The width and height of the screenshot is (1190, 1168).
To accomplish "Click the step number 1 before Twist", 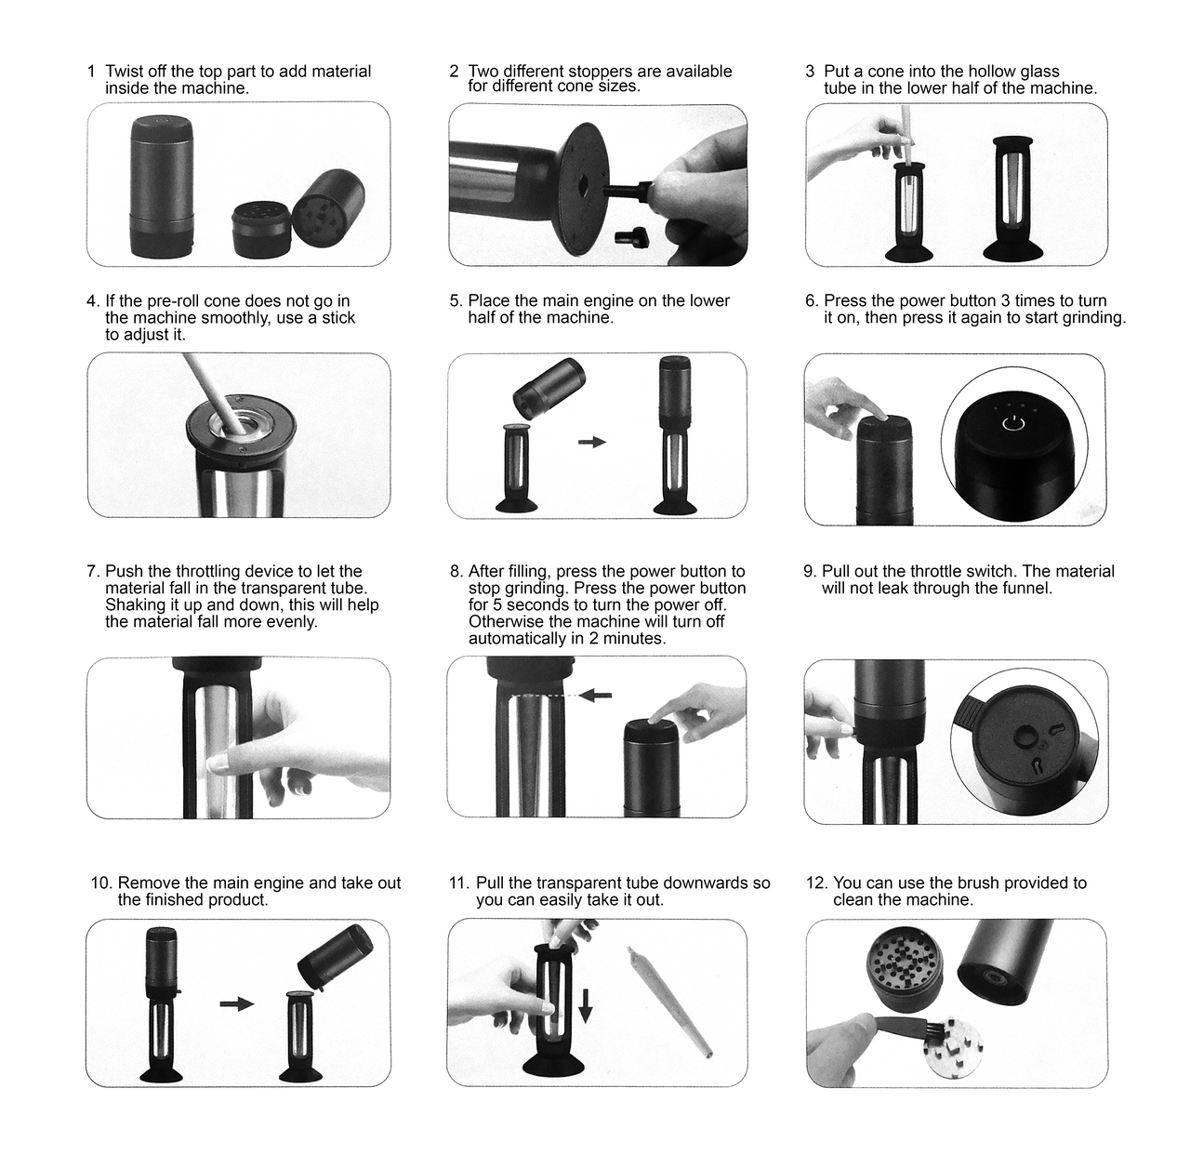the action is pyautogui.click(x=91, y=72).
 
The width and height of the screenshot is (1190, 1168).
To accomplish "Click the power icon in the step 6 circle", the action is pyautogui.click(x=1013, y=424).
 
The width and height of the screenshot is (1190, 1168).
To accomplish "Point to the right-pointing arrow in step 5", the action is pyautogui.click(x=592, y=442).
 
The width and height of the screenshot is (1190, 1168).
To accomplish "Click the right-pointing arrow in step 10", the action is pyautogui.click(x=237, y=1003).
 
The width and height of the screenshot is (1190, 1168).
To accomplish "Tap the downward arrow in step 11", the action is pyautogui.click(x=586, y=1005).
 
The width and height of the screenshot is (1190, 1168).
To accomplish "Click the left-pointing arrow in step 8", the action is pyautogui.click(x=596, y=696).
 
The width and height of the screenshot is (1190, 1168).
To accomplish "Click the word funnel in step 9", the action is pyautogui.click(x=1022, y=589).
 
